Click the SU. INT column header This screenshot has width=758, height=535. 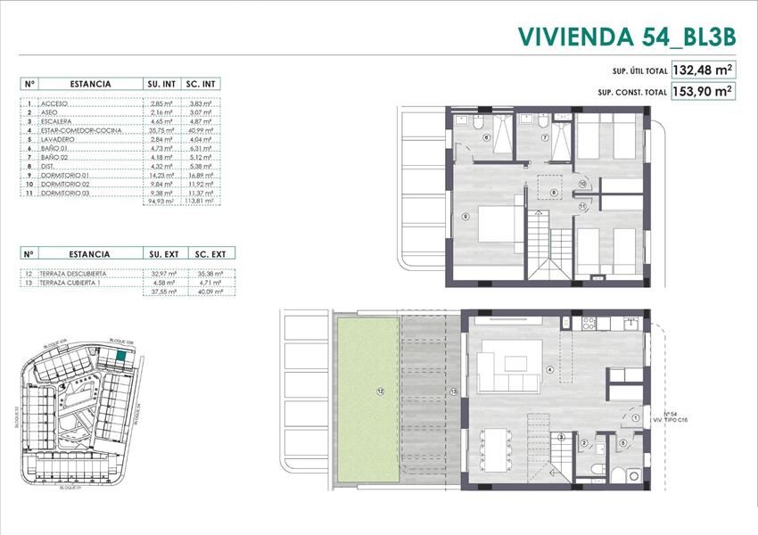(x=161, y=84)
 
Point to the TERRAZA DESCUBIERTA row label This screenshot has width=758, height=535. (x=75, y=273)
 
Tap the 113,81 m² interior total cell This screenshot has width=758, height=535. (x=200, y=202)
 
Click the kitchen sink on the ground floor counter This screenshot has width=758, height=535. (x=631, y=324)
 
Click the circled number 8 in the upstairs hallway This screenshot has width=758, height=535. (x=554, y=193)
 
